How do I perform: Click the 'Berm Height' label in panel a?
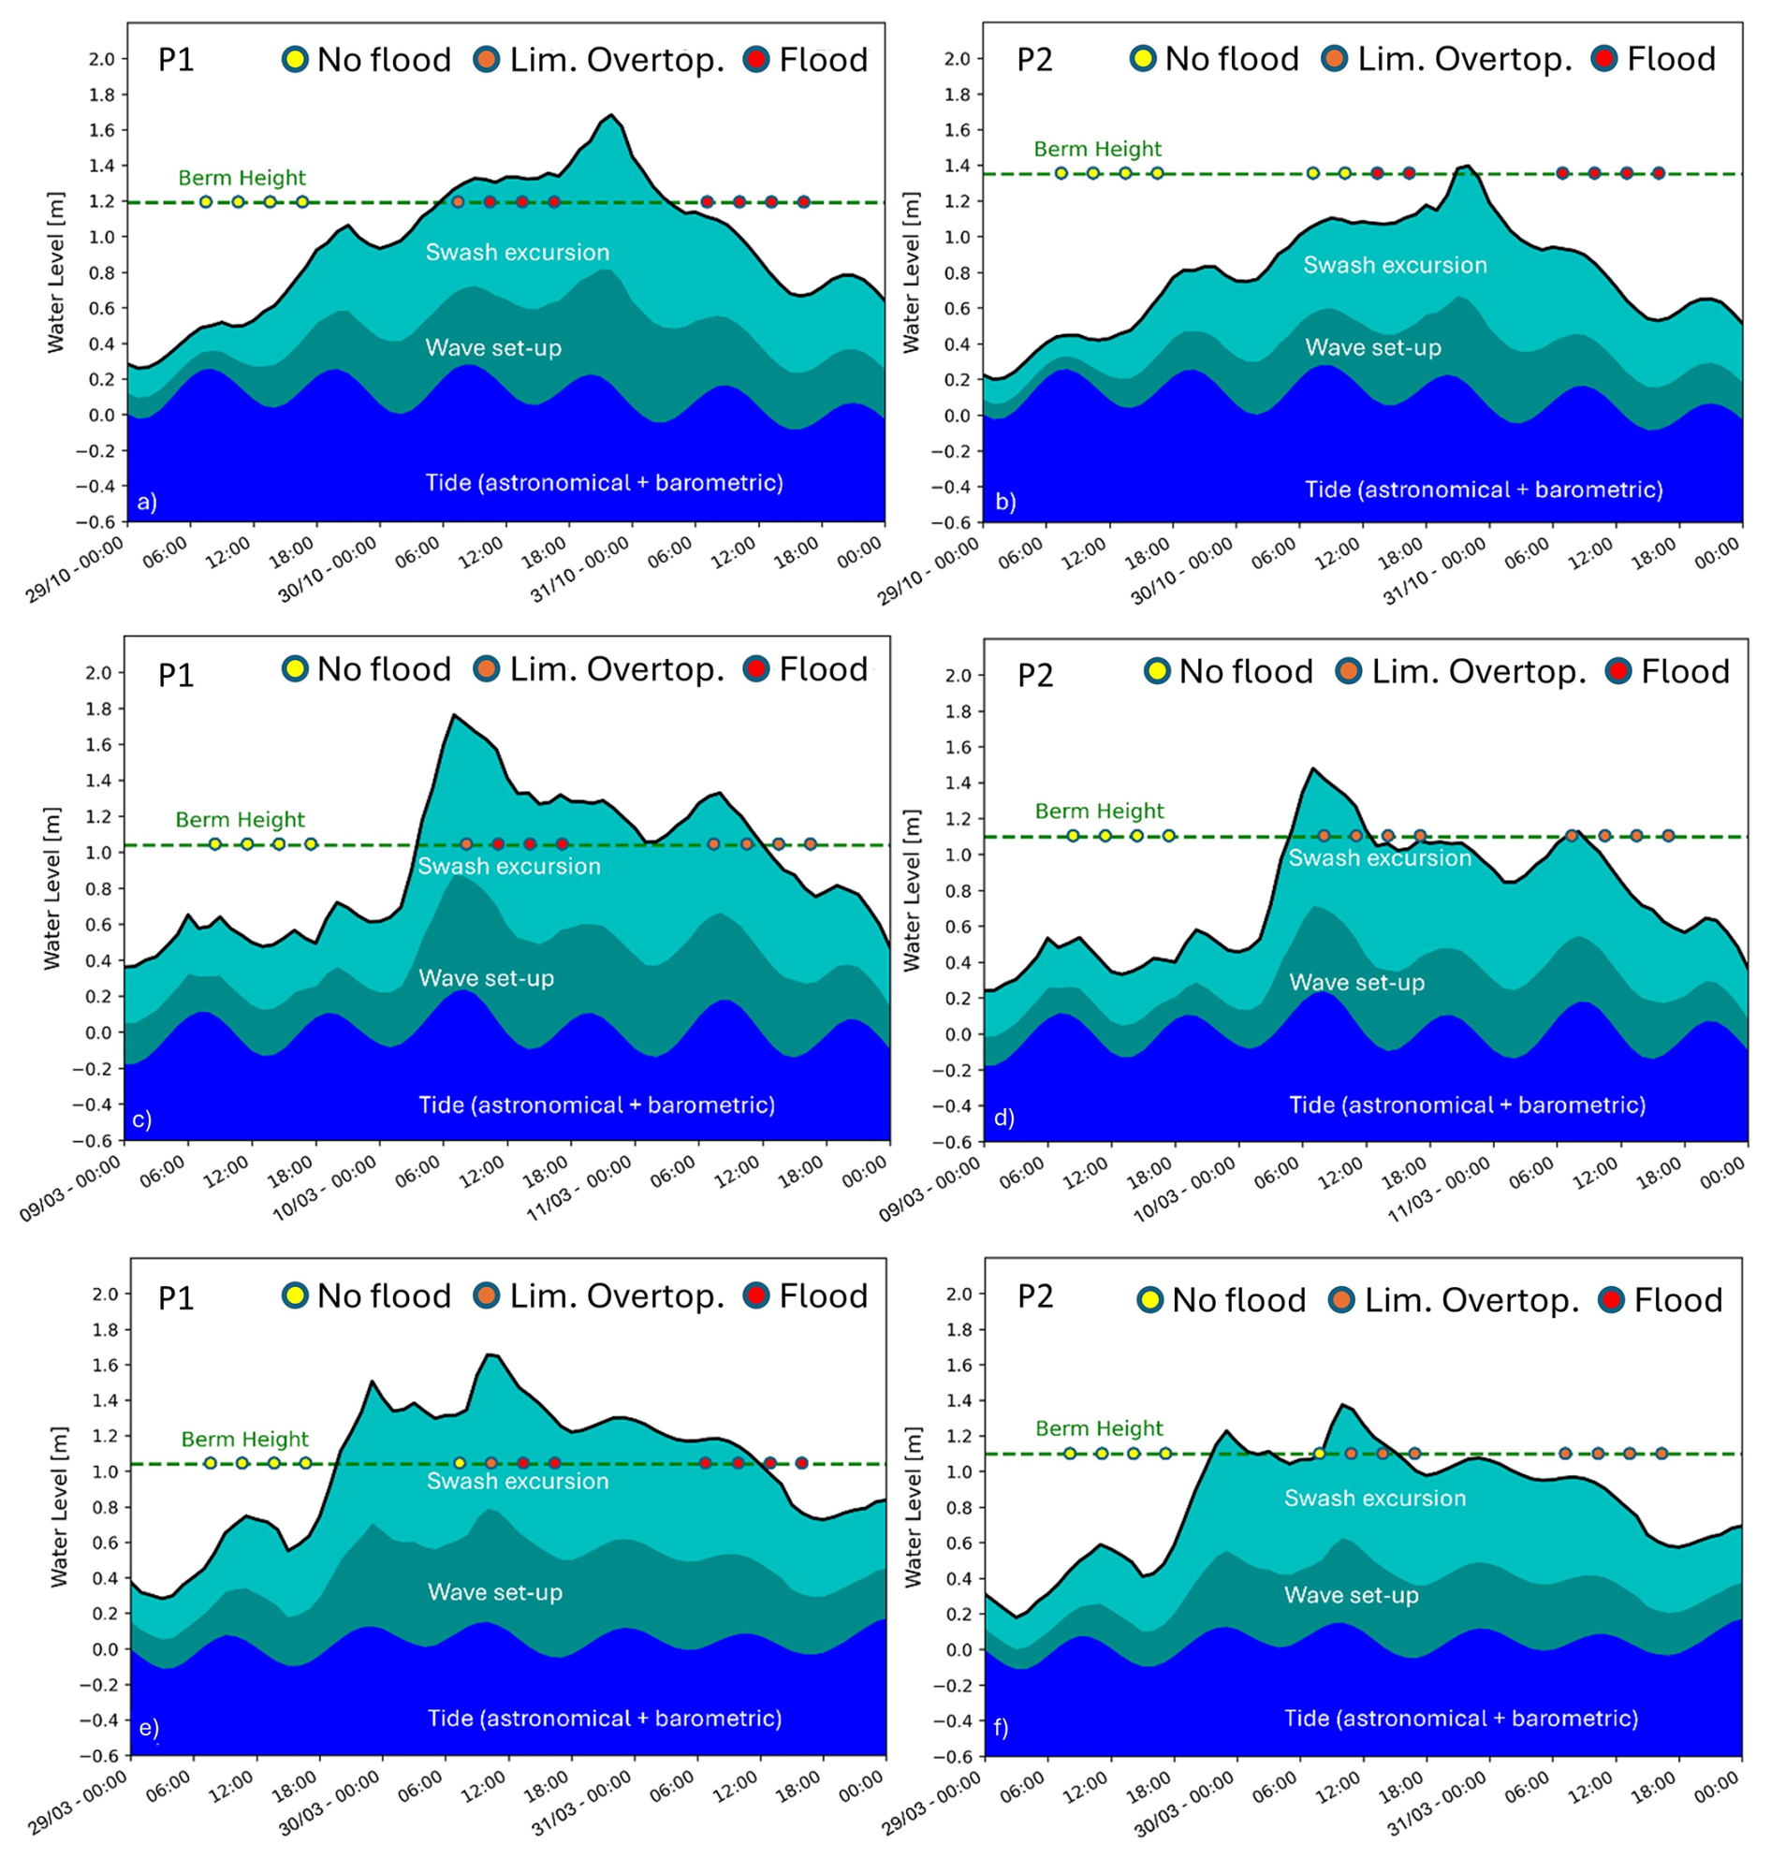click(241, 178)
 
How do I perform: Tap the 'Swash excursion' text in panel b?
click(1395, 265)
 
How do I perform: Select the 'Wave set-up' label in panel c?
click(486, 978)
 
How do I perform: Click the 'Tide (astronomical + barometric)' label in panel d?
click(1467, 1105)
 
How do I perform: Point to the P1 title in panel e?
click(176, 1298)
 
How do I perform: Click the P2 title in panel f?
click(1034, 1296)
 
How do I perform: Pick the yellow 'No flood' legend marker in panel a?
click(296, 61)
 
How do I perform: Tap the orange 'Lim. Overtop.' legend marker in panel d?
click(1350, 672)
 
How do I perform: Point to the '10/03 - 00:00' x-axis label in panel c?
click(326, 1189)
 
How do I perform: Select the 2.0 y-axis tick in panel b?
click(959, 59)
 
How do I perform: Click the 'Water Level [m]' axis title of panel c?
click(51, 888)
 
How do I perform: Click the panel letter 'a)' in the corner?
click(146, 503)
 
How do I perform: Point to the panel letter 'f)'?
click(1001, 1728)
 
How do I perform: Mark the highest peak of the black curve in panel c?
click(454, 715)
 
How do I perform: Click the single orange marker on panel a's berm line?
click(458, 202)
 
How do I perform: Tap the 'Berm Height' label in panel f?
click(1099, 1428)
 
